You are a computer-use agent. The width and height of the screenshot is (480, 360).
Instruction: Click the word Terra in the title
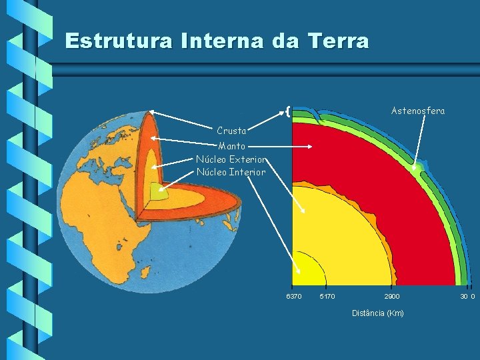tap(339, 41)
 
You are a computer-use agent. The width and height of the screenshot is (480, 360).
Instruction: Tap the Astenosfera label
tap(418, 111)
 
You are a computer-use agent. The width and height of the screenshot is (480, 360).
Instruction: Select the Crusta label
tap(231, 131)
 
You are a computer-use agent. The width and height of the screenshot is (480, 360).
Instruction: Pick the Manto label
tap(232, 145)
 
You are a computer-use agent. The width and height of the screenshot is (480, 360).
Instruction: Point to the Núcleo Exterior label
tap(231, 159)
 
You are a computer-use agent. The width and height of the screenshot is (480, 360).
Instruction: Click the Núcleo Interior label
tap(231, 172)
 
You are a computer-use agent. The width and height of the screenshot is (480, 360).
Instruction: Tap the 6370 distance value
tap(293, 296)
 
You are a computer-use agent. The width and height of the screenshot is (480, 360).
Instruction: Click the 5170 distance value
tap(327, 296)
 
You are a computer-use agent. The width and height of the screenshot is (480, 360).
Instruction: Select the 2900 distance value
tap(392, 296)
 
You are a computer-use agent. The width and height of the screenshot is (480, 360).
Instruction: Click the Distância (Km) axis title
tap(377, 313)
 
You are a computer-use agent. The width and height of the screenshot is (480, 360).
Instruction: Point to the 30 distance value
tap(463, 296)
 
